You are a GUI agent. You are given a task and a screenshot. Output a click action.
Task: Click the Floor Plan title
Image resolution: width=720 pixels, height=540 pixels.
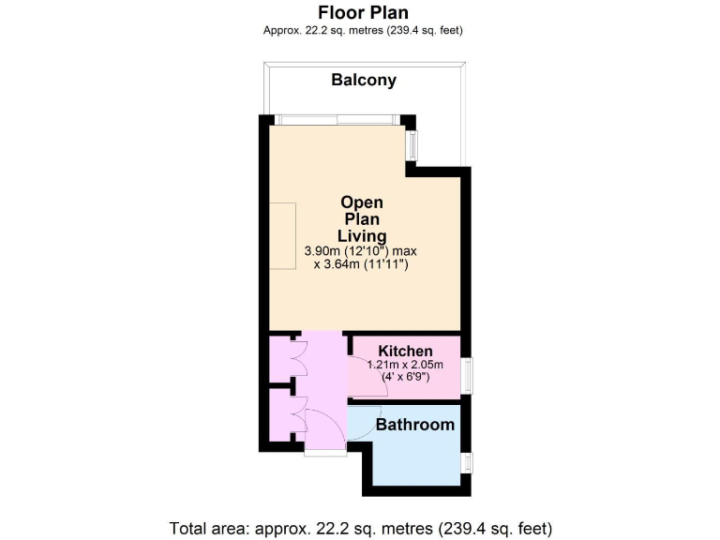pos(364,12)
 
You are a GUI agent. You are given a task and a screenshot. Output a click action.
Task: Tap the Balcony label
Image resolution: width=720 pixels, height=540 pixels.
pos(364,80)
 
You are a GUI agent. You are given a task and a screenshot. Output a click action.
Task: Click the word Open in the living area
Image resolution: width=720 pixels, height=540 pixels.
pos(361,202)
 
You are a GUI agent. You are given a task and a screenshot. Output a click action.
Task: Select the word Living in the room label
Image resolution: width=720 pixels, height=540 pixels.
pos(361,235)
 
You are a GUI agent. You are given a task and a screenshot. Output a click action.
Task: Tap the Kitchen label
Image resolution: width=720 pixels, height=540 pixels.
pos(405,351)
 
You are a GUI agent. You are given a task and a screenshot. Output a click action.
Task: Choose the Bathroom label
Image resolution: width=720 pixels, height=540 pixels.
pos(414,425)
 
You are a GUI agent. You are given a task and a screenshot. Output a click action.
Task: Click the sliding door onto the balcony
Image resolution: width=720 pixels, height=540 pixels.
pos(338,119)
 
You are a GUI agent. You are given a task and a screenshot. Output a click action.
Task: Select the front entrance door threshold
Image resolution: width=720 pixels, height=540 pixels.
pos(324,453)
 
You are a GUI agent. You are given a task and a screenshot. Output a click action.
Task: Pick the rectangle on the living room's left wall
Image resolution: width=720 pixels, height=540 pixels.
pos(282,236)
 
